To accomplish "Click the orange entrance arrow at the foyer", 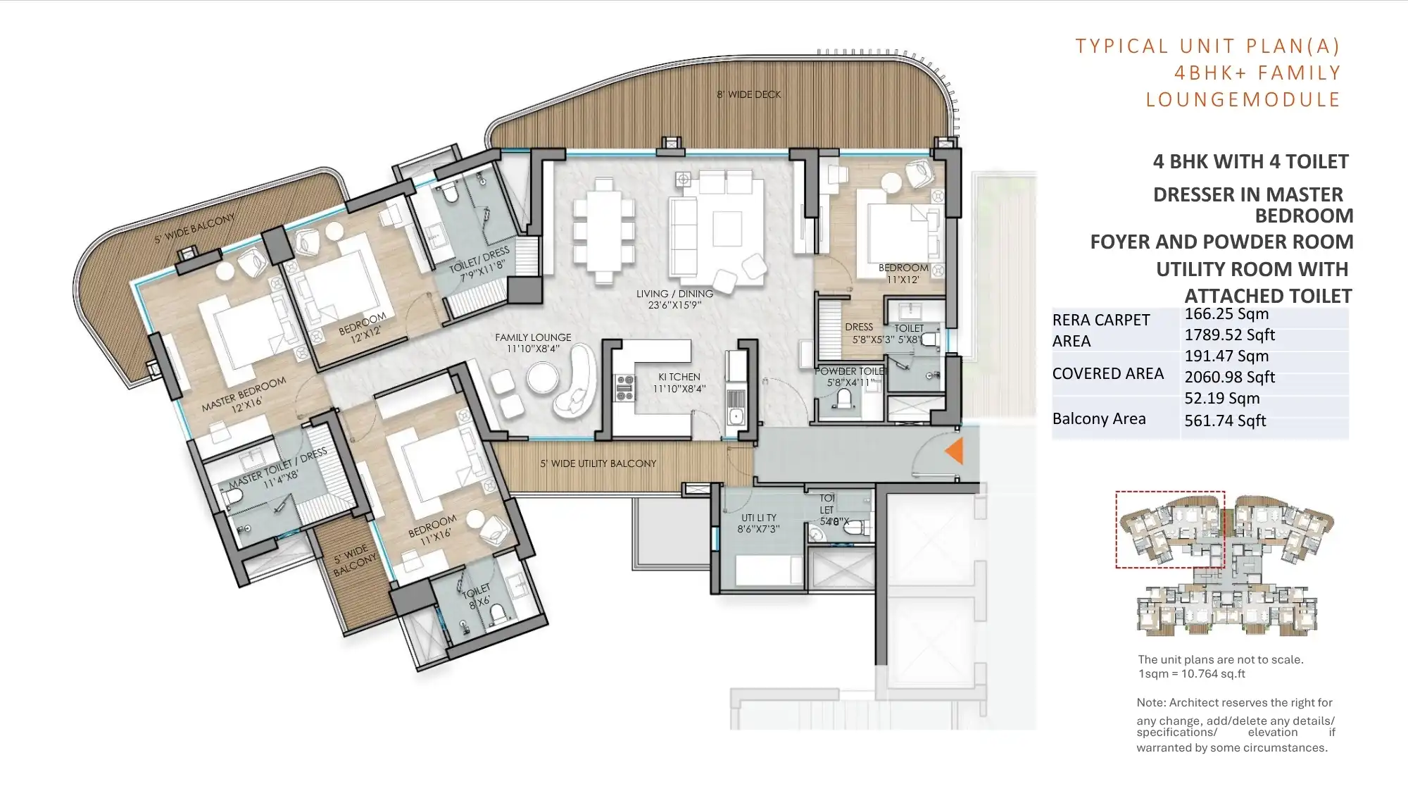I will (955, 451).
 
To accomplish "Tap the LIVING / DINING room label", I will (674, 299).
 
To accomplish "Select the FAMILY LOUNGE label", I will (533, 343).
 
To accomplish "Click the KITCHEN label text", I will (679, 382).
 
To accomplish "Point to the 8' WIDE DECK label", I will (748, 94).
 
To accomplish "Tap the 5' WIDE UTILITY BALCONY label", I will (598, 463).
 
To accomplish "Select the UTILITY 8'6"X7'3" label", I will (758, 523).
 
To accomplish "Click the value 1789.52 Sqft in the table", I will (1229, 335).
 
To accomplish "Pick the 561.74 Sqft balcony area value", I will (1225, 421).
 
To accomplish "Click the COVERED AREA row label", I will (1107, 374).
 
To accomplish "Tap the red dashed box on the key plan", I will (1169, 529).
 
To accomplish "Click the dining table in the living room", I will (603, 230).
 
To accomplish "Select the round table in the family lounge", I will (543, 378).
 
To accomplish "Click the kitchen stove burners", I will (624, 388).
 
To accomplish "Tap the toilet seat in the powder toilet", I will (843, 401).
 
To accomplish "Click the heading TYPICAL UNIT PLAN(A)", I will (1207, 46).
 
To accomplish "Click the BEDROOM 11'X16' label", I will (432, 530).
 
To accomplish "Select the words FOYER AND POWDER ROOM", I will (1221, 242).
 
